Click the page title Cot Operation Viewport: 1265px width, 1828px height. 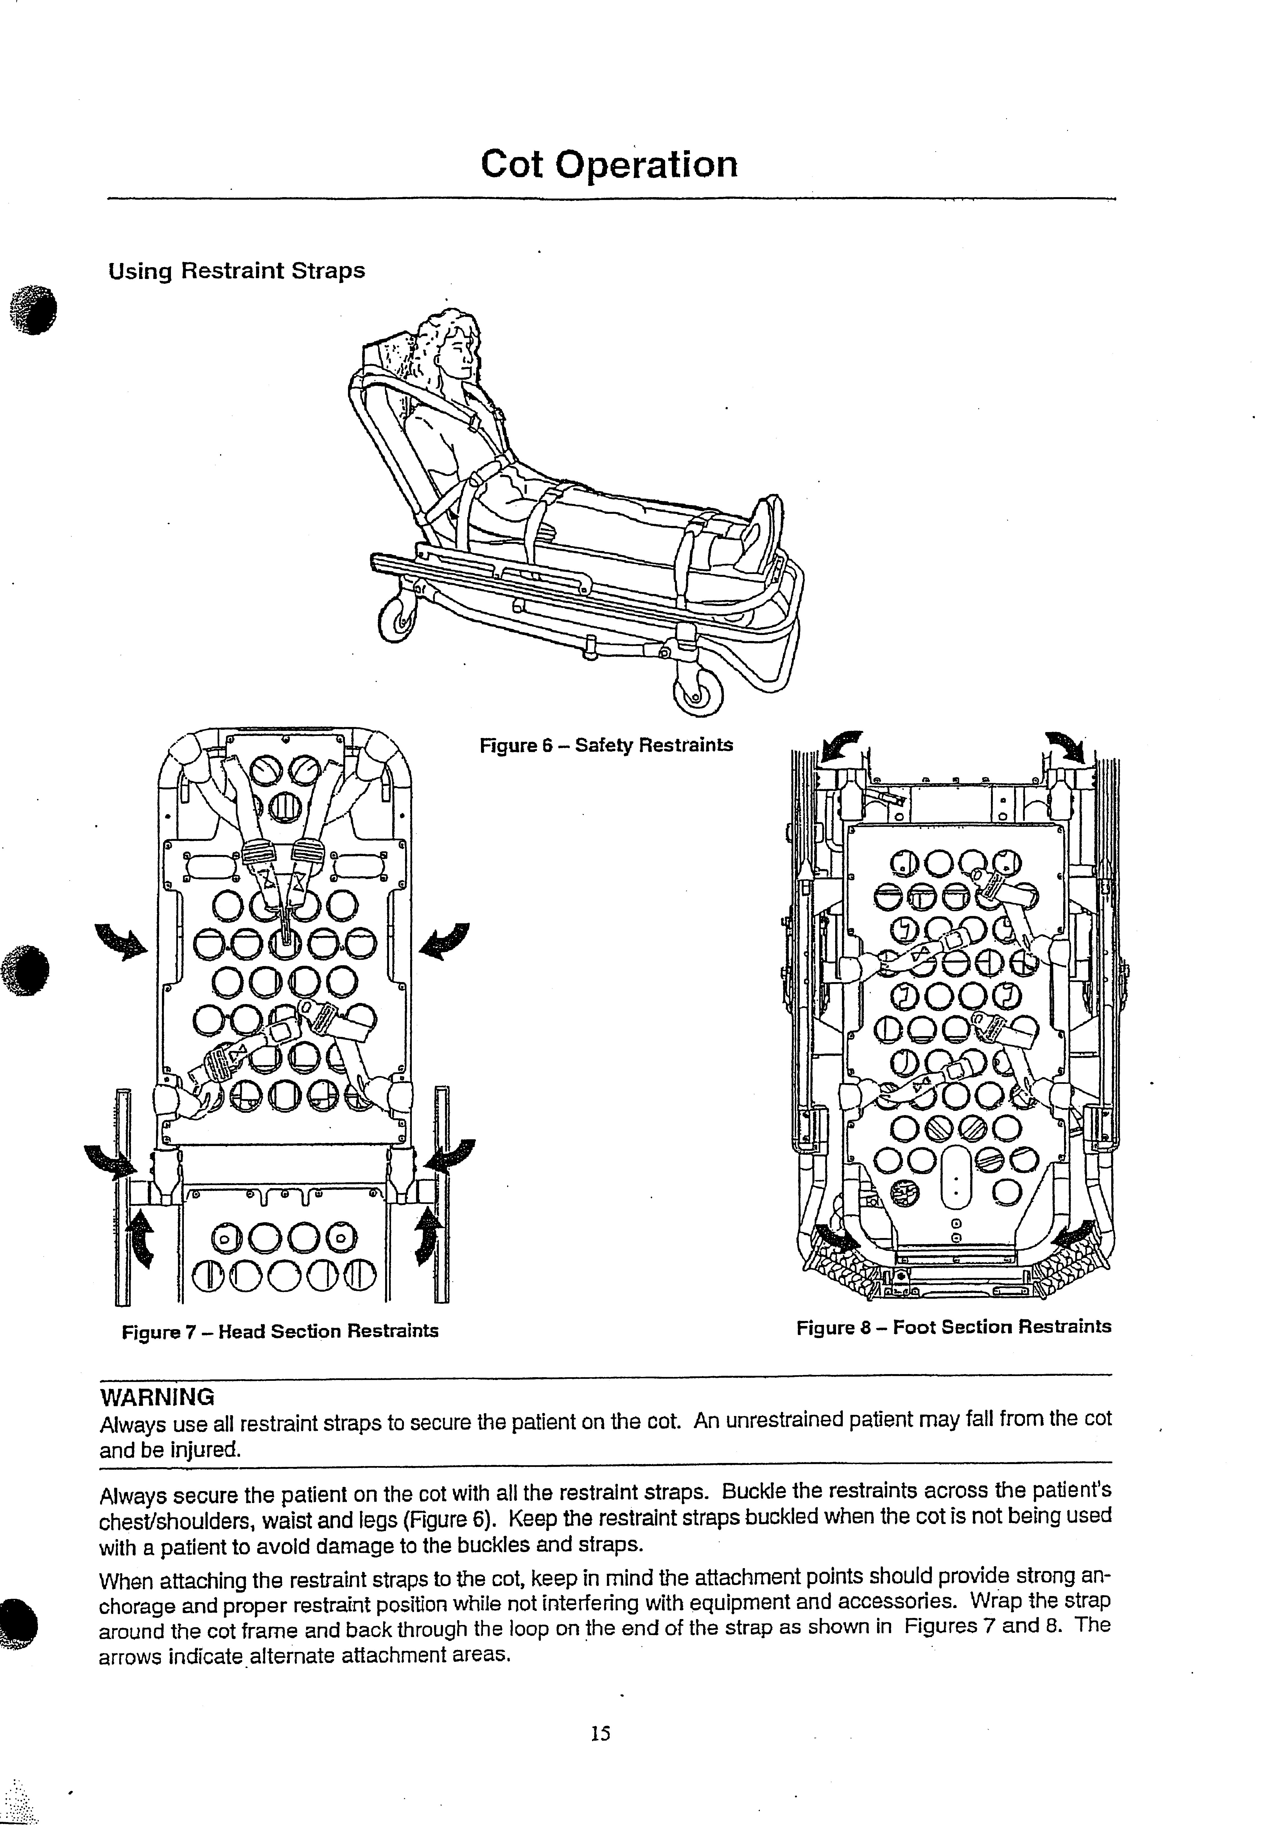tap(609, 164)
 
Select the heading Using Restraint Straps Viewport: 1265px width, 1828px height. tap(236, 271)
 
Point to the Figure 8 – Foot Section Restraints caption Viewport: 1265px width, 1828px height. tap(954, 1327)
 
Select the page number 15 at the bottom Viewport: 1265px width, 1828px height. tap(600, 1734)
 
